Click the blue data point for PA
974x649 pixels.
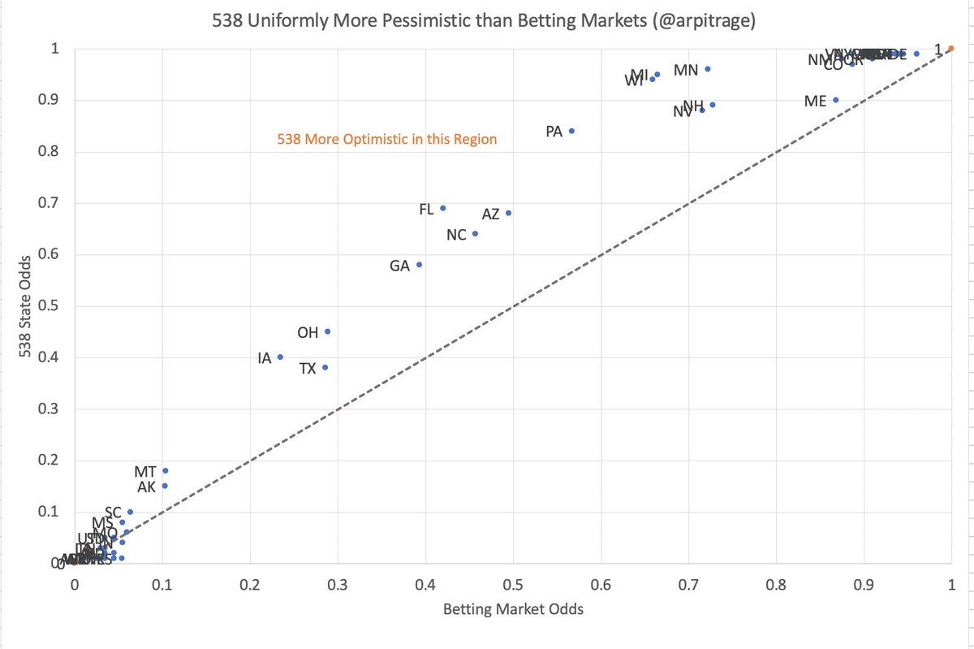click(x=571, y=131)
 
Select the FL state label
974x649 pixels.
click(x=426, y=210)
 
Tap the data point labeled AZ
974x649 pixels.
click(x=508, y=213)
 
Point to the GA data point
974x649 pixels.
click(x=419, y=265)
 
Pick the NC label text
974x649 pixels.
click(x=456, y=235)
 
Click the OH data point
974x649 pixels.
click(x=327, y=331)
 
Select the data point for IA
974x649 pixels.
click(x=280, y=357)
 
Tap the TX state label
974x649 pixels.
click(x=308, y=369)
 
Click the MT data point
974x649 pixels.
click(x=165, y=470)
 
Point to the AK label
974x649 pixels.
click(x=147, y=487)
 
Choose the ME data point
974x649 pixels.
click(x=835, y=100)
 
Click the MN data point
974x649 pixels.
click(x=707, y=69)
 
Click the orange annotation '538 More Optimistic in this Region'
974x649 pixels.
click(x=386, y=140)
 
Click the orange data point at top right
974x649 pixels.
click(x=951, y=49)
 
